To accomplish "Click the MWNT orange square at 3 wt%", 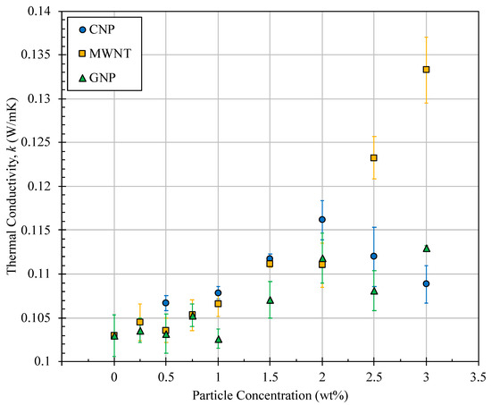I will [426, 70].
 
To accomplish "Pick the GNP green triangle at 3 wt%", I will [426, 248].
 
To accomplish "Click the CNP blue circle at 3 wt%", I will [426, 283].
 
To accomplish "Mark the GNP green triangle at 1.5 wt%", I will [270, 300].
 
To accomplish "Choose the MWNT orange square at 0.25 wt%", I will [140, 322].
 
